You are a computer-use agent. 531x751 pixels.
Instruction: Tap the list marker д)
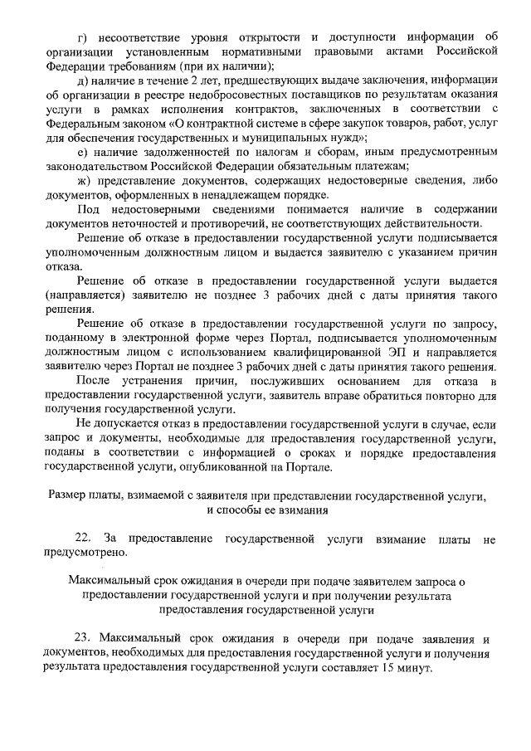click(x=80, y=80)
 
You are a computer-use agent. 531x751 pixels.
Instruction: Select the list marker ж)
click(x=81, y=180)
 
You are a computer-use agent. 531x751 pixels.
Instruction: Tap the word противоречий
click(x=227, y=223)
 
